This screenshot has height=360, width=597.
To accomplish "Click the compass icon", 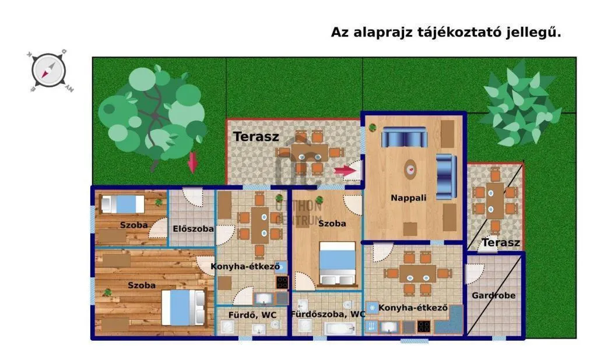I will (49, 70).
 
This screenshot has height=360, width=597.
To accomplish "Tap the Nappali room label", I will (408, 198).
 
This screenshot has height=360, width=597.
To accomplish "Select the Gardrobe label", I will (493, 295).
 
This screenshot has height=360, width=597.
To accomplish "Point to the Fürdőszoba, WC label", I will (331, 314).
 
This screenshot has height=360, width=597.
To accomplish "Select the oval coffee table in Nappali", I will (411, 168).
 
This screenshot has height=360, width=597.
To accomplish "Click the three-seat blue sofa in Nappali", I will (404, 139).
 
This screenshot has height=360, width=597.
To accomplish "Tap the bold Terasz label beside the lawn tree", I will (256, 137).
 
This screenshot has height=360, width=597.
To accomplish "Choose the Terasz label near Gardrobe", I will (501, 243).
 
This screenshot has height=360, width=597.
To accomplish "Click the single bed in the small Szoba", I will (123, 204).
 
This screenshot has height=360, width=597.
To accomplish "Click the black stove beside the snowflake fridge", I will (424, 327).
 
